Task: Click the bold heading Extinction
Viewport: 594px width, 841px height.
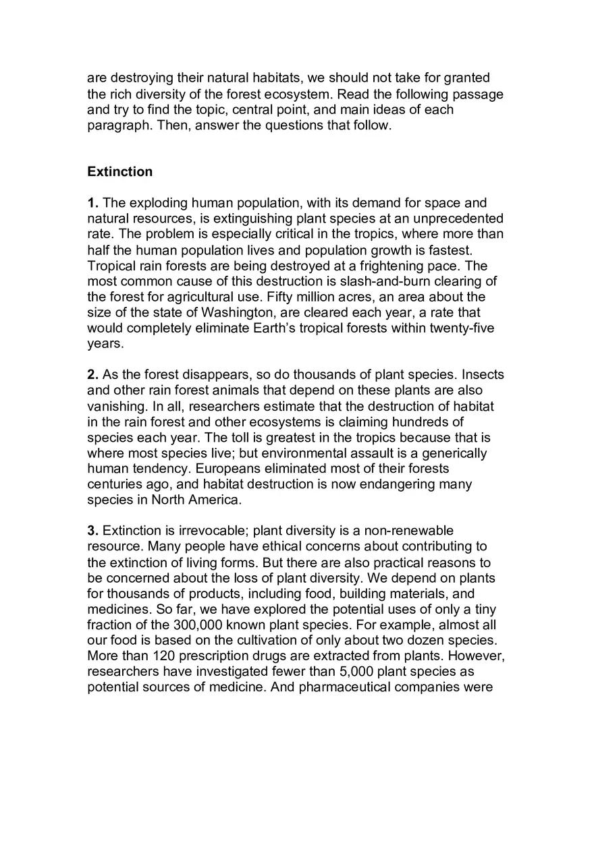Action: [x=119, y=172]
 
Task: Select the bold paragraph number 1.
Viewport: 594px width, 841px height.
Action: [x=93, y=203]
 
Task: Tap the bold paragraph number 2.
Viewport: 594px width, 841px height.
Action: [x=93, y=375]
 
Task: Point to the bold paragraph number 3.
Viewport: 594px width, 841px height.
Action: [x=93, y=531]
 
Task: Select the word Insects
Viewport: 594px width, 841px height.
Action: [x=481, y=375]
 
